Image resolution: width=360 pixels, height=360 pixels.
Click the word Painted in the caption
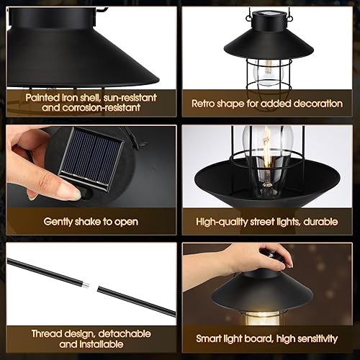pyautogui.click(x=43, y=96)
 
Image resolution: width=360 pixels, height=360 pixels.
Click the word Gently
pyautogui.click(x=63, y=221)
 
